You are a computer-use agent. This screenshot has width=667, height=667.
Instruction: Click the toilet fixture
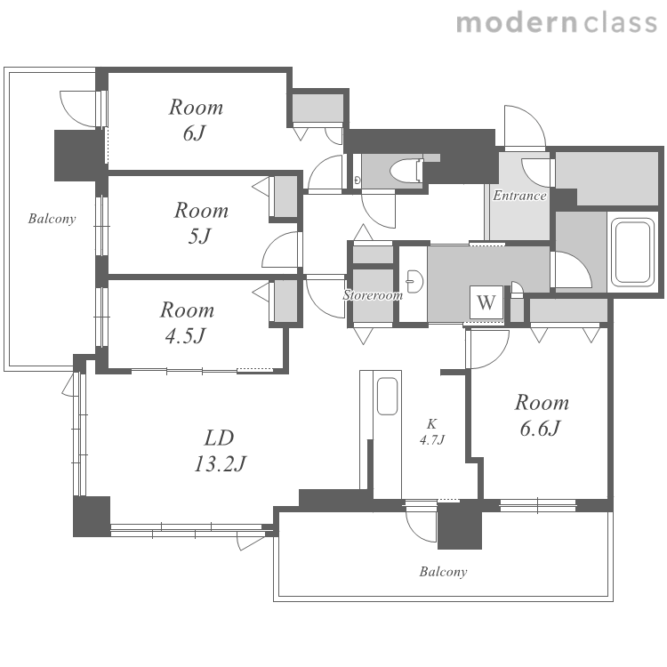(x=407, y=171)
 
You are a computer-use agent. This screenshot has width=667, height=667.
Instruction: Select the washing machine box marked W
(x=486, y=302)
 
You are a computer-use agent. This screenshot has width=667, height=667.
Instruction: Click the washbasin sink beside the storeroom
(x=414, y=282)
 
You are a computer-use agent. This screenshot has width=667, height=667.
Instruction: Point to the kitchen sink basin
(x=387, y=396)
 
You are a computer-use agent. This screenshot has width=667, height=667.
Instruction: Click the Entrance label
(x=519, y=196)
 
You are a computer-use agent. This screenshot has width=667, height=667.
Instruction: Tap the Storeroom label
(x=373, y=294)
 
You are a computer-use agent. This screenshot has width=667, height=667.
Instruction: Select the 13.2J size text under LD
(x=220, y=463)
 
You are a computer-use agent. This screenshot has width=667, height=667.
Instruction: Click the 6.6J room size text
(x=540, y=428)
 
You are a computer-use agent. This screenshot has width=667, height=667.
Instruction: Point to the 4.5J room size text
(x=185, y=335)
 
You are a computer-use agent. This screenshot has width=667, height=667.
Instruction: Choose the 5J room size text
(x=199, y=236)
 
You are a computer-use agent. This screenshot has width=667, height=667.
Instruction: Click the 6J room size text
(x=195, y=133)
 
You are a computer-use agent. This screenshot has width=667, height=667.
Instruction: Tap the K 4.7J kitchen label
(x=431, y=431)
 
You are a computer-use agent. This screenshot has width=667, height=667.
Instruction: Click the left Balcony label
(x=52, y=219)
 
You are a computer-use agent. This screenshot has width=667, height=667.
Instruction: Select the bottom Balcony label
(x=443, y=571)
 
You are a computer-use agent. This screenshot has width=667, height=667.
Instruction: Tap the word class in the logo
(x=620, y=23)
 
